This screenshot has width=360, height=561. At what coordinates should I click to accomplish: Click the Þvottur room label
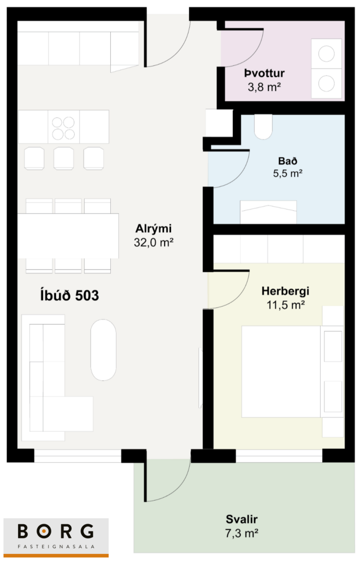(264, 73)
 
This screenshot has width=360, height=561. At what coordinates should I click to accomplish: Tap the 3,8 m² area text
(264, 87)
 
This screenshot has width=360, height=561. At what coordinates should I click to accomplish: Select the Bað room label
(288, 161)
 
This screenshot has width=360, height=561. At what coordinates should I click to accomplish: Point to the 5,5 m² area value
(288, 173)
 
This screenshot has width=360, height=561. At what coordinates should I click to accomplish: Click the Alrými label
(153, 229)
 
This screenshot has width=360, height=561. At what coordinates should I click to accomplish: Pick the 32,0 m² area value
(153, 243)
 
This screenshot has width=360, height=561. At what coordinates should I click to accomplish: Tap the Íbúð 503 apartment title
(70, 295)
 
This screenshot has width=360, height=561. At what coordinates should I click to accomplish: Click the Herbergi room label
(285, 291)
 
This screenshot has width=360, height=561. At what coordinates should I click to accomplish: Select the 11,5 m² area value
(286, 305)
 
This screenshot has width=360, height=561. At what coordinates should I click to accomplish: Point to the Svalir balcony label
(242, 519)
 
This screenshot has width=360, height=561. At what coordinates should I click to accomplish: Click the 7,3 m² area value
(242, 533)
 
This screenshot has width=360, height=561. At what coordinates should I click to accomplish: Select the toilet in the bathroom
(263, 127)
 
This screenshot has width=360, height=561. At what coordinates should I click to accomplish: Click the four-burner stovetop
(64, 128)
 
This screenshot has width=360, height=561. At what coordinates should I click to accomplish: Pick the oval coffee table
(103, 350)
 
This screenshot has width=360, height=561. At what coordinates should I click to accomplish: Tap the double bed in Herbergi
(281, 372)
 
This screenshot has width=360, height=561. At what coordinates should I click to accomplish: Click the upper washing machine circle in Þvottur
(326, 54)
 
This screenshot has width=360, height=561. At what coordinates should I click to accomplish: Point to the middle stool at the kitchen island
(64, 158)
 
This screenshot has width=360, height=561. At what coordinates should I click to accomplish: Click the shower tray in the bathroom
(268, 212)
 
